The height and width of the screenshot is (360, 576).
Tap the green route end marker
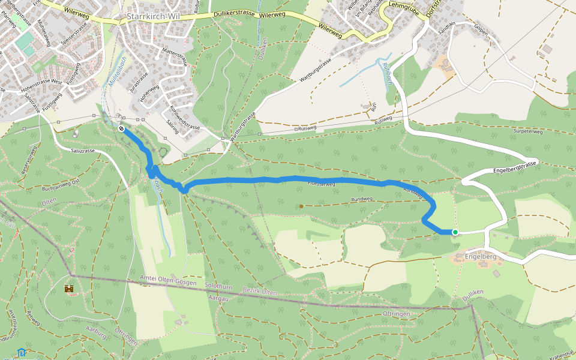pos(455,232)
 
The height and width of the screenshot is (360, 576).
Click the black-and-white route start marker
pos(121,128)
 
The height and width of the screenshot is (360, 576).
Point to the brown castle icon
pos(70,289)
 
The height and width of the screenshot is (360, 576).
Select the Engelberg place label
pos(481,257)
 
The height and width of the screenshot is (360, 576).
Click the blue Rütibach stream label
pos(386,73)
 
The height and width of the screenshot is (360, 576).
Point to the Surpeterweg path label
pos(528,131)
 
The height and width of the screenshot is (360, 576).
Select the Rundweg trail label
pos(362,199)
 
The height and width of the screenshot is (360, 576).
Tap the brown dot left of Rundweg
pos(301,206)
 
